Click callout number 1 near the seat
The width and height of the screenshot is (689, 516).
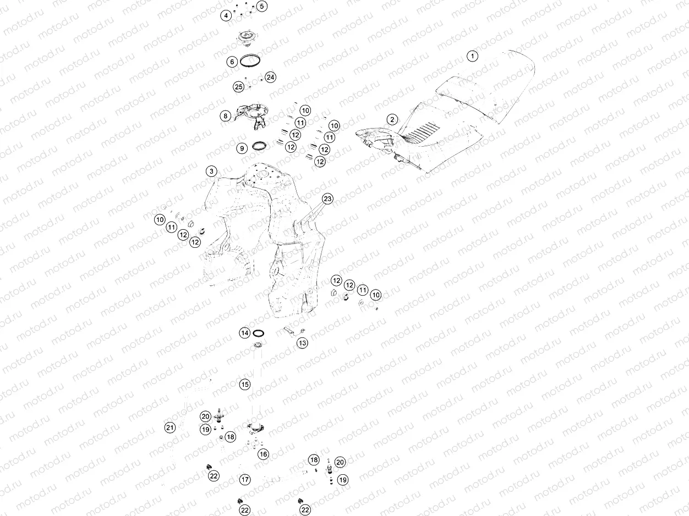pyautogui.click(x=472, y=56)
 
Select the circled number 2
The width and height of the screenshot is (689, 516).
pyautogui.click(x=392, y=119)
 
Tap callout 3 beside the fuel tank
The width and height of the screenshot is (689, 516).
pyautogui.click(x=212, y=171)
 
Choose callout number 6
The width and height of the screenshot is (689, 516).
pyautogui.click(x=232, y=62)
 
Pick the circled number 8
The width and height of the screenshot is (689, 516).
pyautogui.click(x=225, y=116)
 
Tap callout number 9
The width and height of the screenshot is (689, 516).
pyautogui.click(x=242, y=148)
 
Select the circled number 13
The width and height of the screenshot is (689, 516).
pyautogui.click(x=303, y=343)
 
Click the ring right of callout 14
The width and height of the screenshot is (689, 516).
pyautogui.click(x=260, y=333)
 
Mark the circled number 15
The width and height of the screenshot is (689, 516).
pyautogui.click(x=245, y=385)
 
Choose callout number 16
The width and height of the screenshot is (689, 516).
pyautogui.click(x=264, y=454)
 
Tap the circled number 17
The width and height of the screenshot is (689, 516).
pyautogui.click(x=245, y=480)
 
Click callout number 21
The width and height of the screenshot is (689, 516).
pyautogui.click(x=170, y=428)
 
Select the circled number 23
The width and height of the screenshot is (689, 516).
pyautogui.click(x=328, y=199)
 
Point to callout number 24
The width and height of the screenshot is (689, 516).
pyautogui.click(x=270, y=77)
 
